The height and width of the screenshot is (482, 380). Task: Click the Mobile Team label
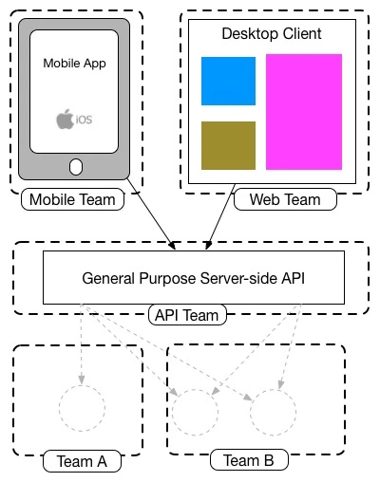(72, 199)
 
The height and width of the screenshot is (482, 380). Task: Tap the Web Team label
(285, 199)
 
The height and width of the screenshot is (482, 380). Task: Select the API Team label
(187, 315)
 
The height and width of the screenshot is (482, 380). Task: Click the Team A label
(82, 461)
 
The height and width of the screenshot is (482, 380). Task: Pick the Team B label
(249, 460)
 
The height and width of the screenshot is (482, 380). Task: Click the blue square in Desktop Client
(228, 81)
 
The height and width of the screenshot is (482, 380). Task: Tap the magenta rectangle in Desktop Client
(304, 112)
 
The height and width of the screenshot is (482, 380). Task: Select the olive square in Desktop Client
(228, 145)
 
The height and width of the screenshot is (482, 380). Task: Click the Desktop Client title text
(272, 33)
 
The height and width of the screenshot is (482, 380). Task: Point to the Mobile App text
(74, 64)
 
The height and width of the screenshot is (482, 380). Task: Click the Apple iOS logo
(74, 119)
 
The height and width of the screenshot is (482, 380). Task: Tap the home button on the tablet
(76, 167)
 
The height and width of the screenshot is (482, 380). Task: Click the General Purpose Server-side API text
(193, 278)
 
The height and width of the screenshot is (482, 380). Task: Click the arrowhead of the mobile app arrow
(174, 247)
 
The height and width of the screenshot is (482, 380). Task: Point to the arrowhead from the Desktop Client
(207, 247)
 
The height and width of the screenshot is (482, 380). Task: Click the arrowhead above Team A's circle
(82, 380)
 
